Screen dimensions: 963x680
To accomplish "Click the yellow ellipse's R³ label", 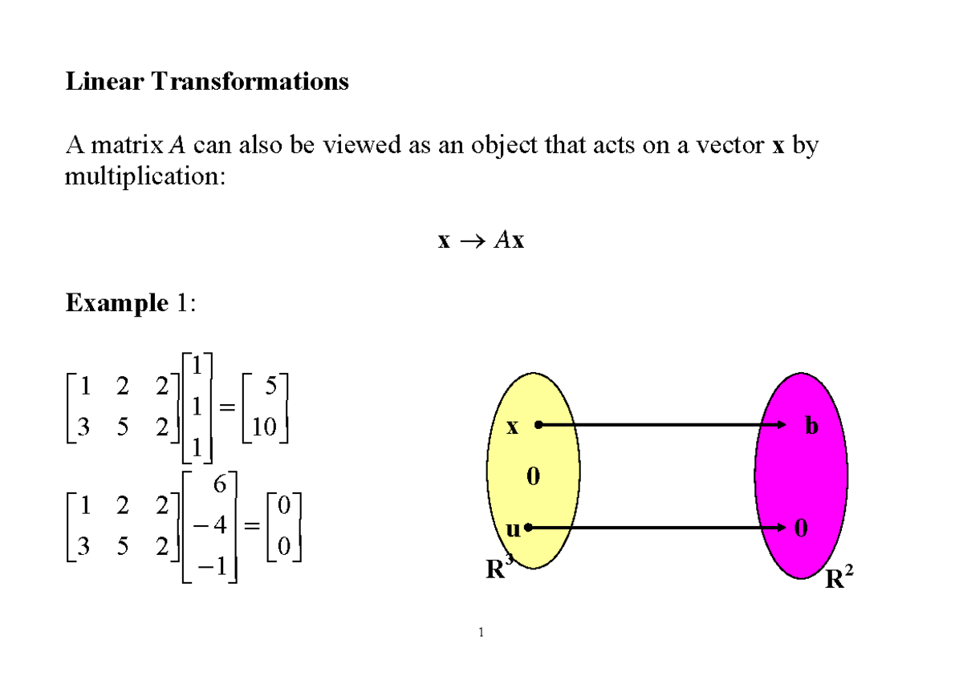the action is tap(498, 570).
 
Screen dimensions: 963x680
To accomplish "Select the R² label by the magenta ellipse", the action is tap(835, 578).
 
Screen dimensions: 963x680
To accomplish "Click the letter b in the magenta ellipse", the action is tap(812, 427).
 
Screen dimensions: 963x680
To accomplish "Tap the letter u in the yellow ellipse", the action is tap(513, 529).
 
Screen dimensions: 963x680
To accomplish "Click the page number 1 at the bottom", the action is tap(481, 634).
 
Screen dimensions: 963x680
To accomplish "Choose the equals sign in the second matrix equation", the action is tap(251, 527).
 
